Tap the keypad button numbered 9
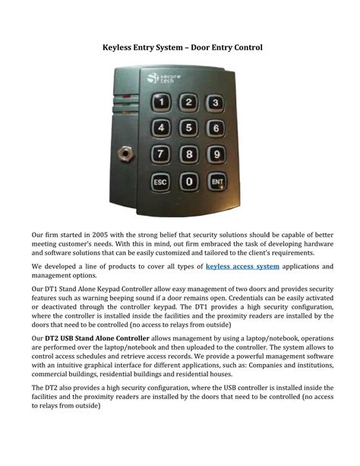coord(216,156)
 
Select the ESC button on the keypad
coord(161,182)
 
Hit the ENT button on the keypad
coord(217,182)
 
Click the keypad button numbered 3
coord(216,103)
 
